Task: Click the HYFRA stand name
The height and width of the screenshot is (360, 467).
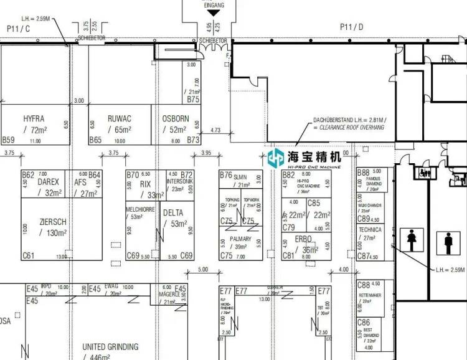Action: click(x=34, y=118)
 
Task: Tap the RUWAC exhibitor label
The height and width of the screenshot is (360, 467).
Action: click(x=119, y=118)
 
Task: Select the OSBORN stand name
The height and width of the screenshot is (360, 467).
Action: click(x=175, y=118)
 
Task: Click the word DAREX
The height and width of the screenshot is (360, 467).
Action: click(x=48, y=182)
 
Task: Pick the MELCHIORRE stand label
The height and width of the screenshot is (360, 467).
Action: click(x=139, y=209)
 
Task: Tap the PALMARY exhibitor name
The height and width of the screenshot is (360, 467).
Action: click(x=240, y=239)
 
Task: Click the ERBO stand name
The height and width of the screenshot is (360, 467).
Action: click(x=304, y=239)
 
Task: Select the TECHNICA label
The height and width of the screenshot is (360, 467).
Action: click(x=370, y=230)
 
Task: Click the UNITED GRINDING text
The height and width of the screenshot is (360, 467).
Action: click(x=110, y=347)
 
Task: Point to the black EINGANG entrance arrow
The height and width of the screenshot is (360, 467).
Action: click(x=214, y=12)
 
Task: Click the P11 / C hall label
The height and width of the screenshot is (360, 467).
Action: click(x=19, y=28)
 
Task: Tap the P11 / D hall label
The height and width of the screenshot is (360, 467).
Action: click(x=352, y=27)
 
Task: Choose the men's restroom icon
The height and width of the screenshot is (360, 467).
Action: click(x=448, y=242)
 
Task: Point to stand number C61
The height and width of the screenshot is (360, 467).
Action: click(x=28, y=255)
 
